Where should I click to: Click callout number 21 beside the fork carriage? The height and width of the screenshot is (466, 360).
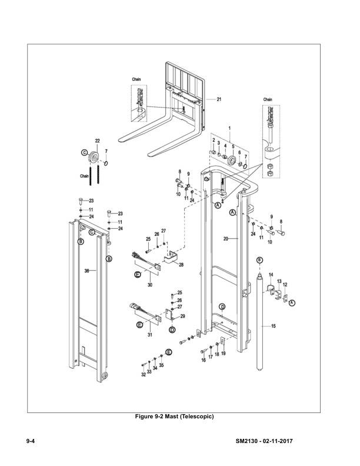coord(218,99)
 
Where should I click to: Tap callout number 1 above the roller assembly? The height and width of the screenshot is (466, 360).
coord(229,128)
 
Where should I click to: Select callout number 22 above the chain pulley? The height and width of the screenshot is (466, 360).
coord(97,141)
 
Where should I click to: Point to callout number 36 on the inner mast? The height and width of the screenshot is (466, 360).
coord(86,271)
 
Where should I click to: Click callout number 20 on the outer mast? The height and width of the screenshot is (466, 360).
coord(225,239)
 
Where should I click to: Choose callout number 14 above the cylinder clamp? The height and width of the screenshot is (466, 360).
coord(271,275)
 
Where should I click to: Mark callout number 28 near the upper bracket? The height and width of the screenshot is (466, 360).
coord(181,265)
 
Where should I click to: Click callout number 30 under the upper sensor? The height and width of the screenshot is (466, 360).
coord(149,285)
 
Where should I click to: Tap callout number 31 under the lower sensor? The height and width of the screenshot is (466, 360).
coord(149,335)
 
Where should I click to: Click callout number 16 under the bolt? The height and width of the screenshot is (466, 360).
coord(204,360)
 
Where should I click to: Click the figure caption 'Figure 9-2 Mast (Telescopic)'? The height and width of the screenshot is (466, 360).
coord(175,417)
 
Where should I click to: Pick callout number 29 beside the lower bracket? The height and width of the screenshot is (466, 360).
coord(182,317)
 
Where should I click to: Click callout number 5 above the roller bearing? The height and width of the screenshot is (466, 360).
coord(233,146)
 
